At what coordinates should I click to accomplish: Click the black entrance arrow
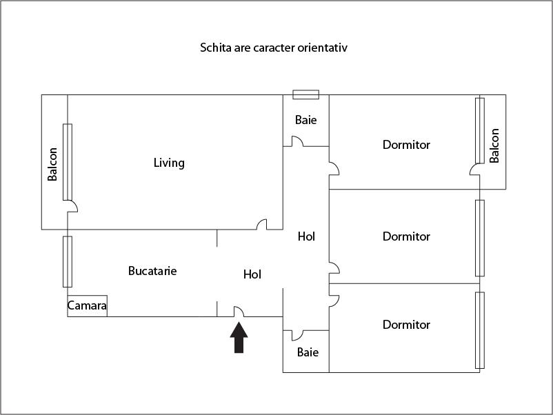point(239,338)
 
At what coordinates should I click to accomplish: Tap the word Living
point(169,163)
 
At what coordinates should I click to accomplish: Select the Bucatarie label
point(152,271)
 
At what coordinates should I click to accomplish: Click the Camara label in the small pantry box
point(87,305)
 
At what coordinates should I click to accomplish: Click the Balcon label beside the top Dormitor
point(494,145)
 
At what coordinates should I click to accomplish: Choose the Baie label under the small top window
point(306,120)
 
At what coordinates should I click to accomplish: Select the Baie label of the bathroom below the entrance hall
point(308,352)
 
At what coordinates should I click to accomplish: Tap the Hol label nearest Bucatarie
point(252,274)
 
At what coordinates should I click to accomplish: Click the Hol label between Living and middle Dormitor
point(306,236)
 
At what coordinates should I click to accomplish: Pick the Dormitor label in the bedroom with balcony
point(406,145)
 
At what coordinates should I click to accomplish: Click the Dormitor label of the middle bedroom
point(406,236)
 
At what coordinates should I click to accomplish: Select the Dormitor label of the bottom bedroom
point(406,325)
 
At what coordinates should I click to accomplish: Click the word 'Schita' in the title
point(214,48)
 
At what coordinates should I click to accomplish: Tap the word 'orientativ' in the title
point(331,48)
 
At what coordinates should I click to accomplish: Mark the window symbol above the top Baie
point(305,94)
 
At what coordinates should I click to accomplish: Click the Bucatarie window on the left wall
point(68,261)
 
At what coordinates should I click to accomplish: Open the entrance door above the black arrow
point(239,312)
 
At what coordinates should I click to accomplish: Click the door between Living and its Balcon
point(72,206)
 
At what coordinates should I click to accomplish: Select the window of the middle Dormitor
point(480,238)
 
